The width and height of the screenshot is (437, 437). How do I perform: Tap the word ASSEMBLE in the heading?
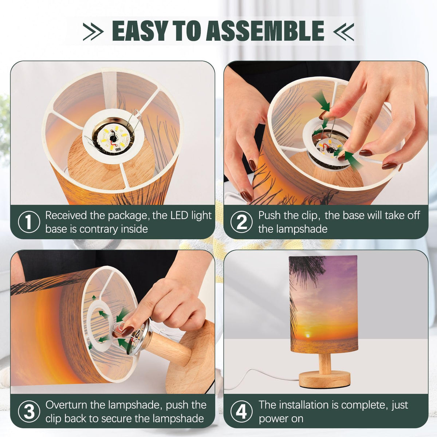coord(265,31)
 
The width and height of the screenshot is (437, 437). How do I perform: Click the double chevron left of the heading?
coord(93,32)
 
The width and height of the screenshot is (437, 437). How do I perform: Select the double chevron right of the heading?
coord(343,32)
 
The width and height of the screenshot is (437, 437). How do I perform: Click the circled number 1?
coord(29,221)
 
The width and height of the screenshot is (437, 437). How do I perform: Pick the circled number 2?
coord(241,221)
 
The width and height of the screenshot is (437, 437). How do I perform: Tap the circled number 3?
coord(29,412)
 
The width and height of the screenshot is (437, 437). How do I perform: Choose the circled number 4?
coord(241,412)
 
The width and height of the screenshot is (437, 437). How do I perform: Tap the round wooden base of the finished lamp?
coord(324,379)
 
